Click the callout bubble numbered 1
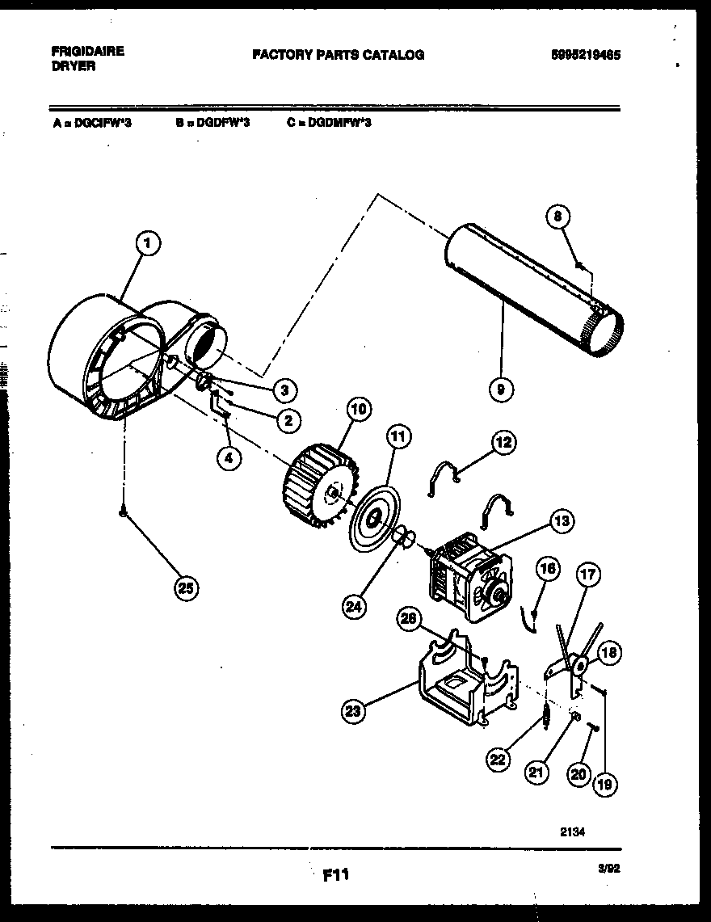148,242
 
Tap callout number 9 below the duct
501,390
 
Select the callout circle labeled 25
187,588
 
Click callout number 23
353,711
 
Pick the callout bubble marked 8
558,216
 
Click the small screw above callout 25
124,512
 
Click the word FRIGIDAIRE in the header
82,50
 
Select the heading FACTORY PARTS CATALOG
338,55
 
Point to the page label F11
335,874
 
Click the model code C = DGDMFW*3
328,123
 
